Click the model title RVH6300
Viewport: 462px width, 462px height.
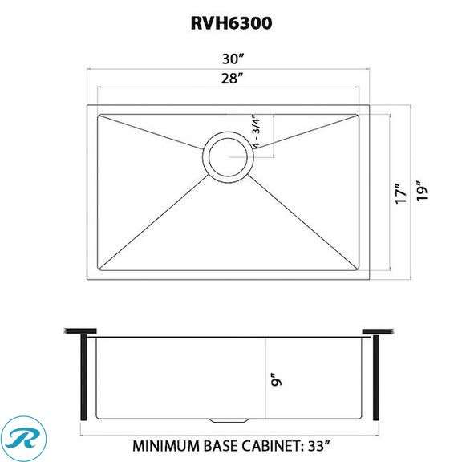231,23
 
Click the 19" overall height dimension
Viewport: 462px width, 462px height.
423,192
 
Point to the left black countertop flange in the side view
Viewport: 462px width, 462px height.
78,330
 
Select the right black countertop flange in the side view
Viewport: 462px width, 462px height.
377,330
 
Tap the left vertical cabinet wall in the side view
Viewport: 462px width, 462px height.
82,377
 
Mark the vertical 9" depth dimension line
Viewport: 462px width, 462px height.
266,377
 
